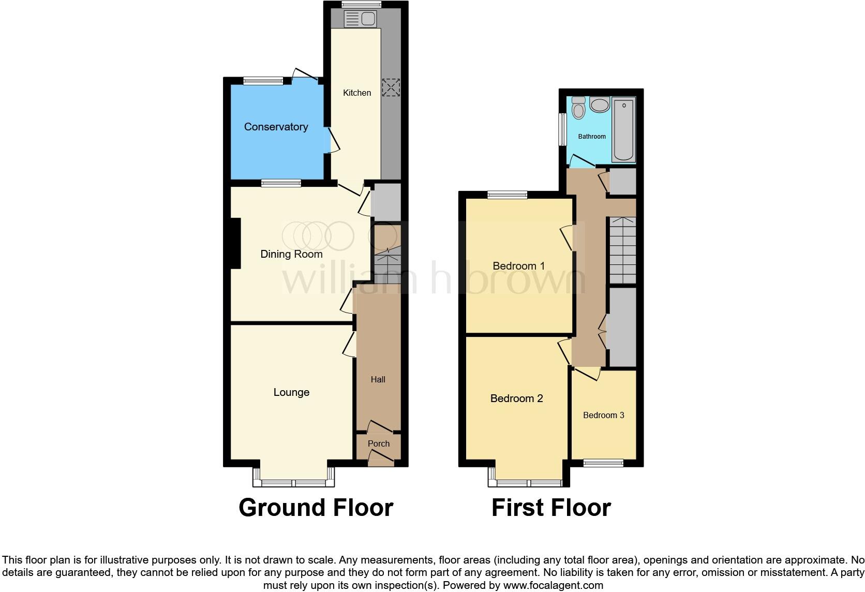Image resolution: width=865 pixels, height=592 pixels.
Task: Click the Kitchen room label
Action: coord(357,93)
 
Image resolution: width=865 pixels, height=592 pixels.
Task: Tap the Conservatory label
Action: coord(276,127)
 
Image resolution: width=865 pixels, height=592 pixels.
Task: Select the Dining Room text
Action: coord(291,254)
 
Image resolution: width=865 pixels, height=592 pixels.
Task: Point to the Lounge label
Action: coord(291,392)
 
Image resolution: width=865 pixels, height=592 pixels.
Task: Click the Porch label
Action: coord(379,443)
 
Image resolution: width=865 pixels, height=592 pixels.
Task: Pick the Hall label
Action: coord(378,379)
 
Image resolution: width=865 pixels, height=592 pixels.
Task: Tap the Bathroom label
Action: coord(592,137)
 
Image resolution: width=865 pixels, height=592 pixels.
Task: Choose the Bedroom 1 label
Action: coord(518,266)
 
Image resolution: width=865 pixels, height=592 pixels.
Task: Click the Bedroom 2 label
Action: coord(516,398)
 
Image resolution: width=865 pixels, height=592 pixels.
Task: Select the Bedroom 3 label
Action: coord(603,415)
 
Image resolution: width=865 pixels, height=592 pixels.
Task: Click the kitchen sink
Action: coord(361,19)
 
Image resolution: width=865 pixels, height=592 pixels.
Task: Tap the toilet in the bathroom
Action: coord(578,108)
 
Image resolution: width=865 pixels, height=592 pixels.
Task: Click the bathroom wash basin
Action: coord(600,105)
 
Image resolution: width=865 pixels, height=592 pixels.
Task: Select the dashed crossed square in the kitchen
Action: coord(391,87)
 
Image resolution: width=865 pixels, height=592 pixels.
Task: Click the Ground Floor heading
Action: coord(316,508)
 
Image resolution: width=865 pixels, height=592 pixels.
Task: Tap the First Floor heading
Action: coord(551,508)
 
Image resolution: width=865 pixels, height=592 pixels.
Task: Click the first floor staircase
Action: coord(622,250)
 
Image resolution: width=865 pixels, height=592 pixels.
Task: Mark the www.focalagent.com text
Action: coord(553,586)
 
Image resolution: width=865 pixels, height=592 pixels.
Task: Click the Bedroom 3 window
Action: coord(603,463)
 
